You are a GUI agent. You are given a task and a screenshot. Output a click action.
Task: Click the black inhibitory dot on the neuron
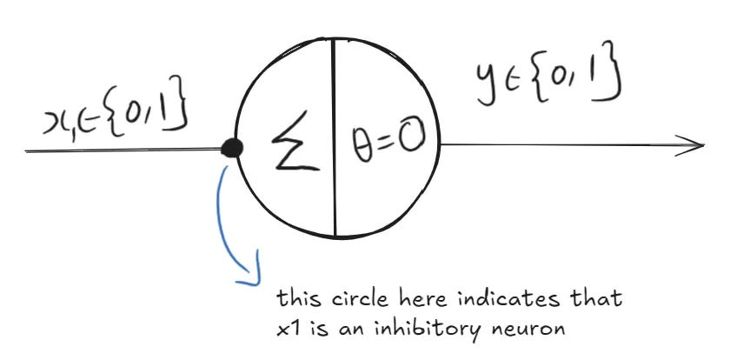click(232, 148)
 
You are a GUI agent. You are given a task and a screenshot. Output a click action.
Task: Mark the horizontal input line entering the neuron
click(122, 150)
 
